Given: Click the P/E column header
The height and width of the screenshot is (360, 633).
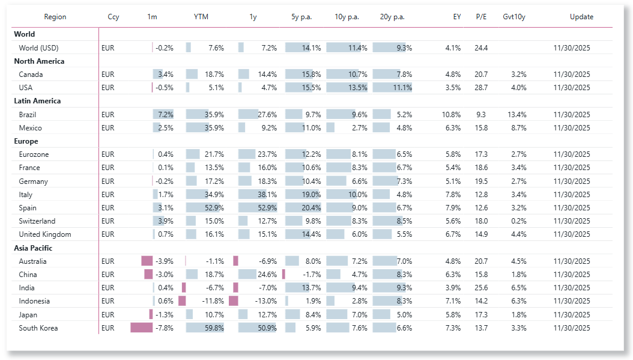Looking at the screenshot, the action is coord(481,17).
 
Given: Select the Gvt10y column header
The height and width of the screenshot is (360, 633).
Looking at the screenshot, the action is coord(514,17).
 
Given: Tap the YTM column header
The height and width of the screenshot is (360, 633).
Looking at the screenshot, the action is coord(201,17).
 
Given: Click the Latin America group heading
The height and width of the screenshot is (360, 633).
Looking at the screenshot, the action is coord(37,101).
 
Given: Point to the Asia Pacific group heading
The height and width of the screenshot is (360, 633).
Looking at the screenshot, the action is coord(33,248).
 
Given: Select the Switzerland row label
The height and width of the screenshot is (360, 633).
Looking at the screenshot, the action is coord(37,221).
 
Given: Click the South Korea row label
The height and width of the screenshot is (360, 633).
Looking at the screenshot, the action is coord(38,328).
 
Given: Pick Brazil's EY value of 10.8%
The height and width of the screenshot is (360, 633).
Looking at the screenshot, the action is coord(452,115).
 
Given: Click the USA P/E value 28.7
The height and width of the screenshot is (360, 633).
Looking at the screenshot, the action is coord(481,88).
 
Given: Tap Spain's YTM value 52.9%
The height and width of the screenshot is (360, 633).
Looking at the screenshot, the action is coord(214,208).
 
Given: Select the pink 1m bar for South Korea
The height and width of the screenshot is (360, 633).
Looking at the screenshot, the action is coord(142,328).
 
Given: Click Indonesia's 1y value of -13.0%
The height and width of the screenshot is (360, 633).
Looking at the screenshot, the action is coord(266,301).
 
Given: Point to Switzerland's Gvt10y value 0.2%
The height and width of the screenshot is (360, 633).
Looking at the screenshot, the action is coord(519,221).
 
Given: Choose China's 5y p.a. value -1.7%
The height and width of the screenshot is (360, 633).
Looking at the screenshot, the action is coord(312,274).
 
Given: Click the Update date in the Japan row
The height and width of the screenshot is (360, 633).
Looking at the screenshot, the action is coord(572,315).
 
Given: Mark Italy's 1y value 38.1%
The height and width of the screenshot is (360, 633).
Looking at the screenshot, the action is coord(267,194).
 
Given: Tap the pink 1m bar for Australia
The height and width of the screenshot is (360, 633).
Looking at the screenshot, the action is coord(147,261).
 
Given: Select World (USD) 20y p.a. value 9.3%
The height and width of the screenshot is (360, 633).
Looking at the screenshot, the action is coord(405,47).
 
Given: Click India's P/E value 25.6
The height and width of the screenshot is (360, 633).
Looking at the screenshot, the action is coord(481,288).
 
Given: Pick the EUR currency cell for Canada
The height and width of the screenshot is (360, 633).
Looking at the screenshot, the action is coord(108,75).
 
